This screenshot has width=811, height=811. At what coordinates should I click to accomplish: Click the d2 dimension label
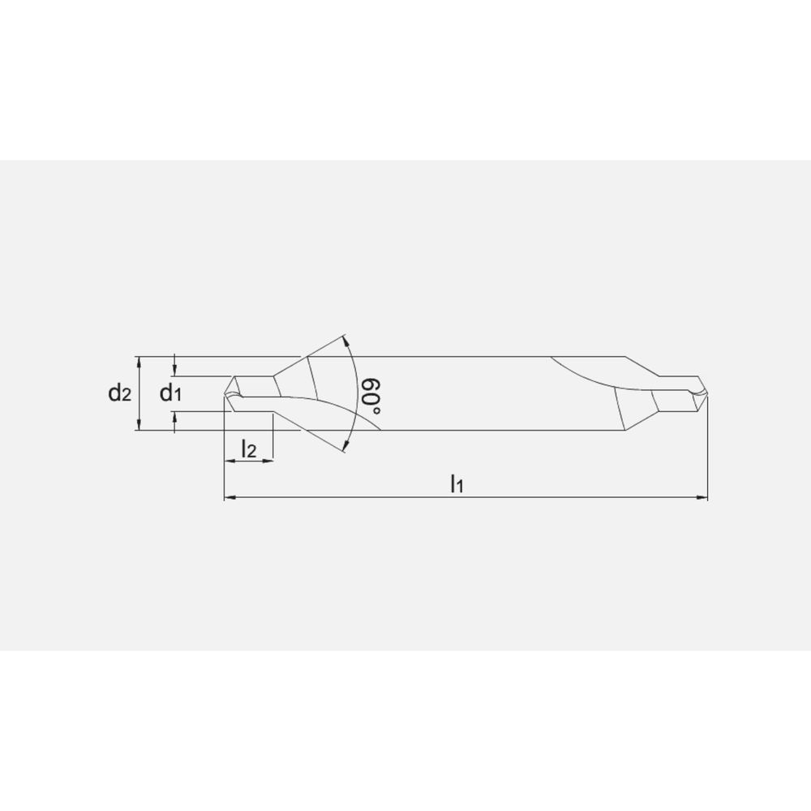pos(120,394)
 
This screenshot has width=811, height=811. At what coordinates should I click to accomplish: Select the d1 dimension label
pos(169,394)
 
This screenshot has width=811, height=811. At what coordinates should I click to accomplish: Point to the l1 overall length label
pos(457,485)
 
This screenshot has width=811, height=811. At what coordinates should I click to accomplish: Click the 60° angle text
pos(372,395)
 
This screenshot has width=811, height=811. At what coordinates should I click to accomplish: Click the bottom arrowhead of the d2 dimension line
pos(140,426)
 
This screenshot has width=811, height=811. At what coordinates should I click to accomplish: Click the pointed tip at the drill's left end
pos(225,393)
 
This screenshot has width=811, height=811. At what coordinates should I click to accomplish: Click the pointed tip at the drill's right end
pos(706,393)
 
